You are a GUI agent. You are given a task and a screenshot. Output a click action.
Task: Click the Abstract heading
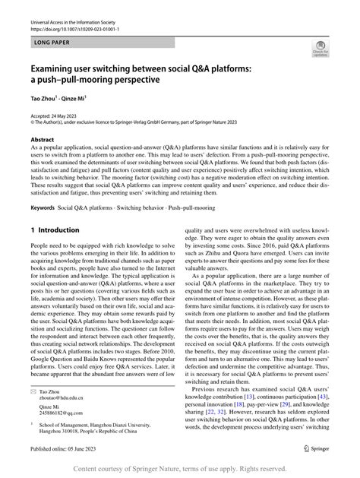coord(43,141)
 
